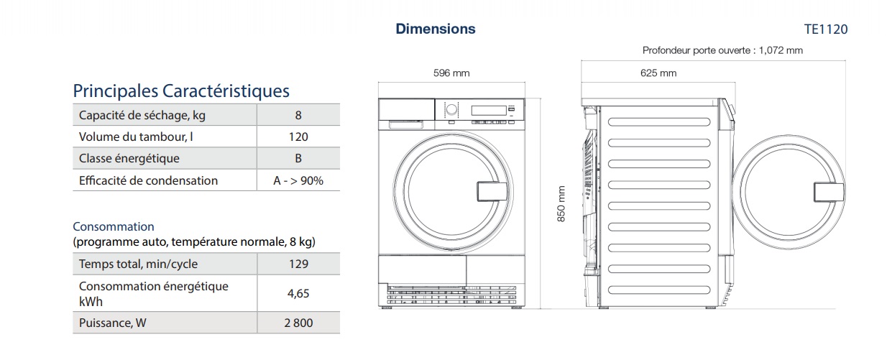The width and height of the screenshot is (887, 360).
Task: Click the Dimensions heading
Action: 436,29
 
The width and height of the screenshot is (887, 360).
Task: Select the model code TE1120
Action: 826,29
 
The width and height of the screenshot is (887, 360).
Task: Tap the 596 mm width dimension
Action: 451,73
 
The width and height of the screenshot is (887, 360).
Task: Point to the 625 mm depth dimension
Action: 658,73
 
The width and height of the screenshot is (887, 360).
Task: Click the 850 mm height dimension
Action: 562,204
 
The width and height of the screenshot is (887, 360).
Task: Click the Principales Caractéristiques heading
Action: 181,91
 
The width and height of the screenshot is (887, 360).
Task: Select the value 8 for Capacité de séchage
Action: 298,115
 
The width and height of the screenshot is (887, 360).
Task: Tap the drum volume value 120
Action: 298,137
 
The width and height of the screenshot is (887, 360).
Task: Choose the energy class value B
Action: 298,158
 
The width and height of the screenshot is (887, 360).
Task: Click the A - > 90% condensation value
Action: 298,180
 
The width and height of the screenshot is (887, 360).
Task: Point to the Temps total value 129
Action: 298,264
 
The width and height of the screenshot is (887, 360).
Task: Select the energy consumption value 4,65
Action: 298,293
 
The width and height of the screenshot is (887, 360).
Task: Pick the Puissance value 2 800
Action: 298,323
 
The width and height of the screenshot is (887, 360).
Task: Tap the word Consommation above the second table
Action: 114,226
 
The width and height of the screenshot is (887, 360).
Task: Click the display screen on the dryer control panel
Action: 489,110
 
